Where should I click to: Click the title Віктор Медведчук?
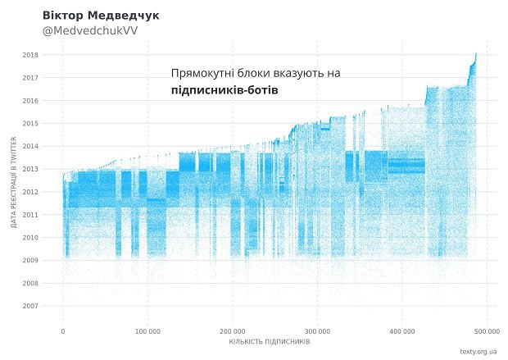[x=102, y=16]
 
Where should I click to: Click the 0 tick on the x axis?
[x=63, y=331]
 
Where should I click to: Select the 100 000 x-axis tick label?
[x=147, y=331]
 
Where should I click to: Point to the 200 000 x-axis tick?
[x=232, y=331]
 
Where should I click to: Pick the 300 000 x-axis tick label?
[x=317, y=331]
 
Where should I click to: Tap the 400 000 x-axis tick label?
[x=401, y=331]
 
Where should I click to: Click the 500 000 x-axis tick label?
[x=486, y=331]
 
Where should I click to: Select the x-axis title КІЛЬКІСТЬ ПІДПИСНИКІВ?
[x=270, y=341]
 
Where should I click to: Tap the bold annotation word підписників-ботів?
[x=225, y=91]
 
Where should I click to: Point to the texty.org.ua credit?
[x=479, y=352]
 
